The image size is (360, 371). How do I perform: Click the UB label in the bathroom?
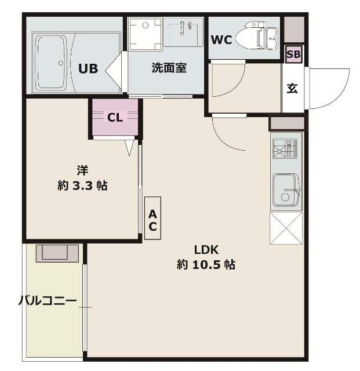[88, 68]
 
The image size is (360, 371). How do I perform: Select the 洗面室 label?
[169, 68]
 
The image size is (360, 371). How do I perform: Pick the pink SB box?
[294, 54]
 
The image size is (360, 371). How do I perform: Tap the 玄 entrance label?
[293, 89]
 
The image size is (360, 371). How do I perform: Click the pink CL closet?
[115, 117]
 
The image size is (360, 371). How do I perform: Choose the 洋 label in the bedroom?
[83, 170]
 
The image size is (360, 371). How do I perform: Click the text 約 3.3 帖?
[83, 186]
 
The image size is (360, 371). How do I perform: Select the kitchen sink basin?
[286, 190]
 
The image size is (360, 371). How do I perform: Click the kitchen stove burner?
[286, 150]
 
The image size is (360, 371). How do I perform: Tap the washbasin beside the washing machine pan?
[183, 32]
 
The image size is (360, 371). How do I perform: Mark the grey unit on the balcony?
[57, 253]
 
